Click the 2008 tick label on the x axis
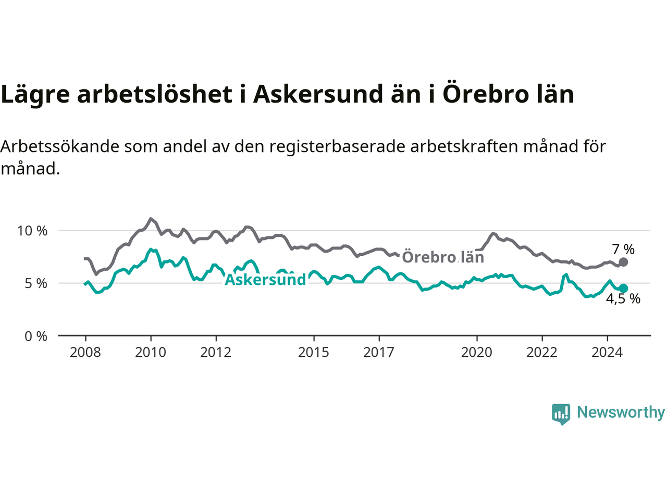85,353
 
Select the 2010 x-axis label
151,353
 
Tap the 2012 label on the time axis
216,353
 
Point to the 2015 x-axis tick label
314,353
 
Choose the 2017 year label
379,353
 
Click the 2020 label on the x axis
476,353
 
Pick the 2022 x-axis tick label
542,353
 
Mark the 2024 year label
607,353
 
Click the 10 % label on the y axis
32,231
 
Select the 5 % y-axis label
36,283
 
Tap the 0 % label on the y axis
36,336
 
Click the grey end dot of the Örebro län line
623,262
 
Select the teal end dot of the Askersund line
623,289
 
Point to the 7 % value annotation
623,249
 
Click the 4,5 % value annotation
623,299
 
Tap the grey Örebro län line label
443,257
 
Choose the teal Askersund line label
265,279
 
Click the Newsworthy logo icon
561,414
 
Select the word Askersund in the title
318,94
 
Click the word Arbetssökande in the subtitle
60,147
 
